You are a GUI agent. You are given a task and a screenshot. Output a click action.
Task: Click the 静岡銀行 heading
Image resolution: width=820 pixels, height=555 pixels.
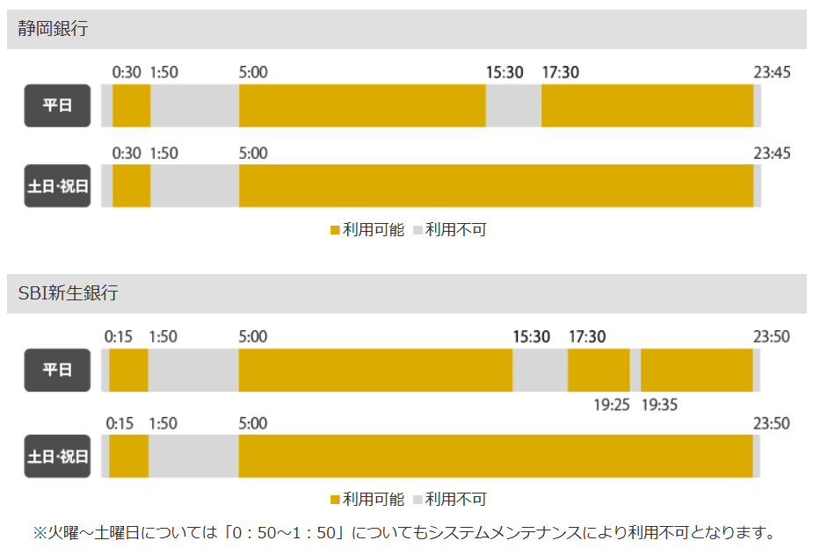pos(53,29)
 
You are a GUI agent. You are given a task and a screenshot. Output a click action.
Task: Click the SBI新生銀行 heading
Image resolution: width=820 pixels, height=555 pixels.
pos(68,293)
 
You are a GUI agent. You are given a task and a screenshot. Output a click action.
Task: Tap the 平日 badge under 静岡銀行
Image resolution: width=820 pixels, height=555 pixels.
pos(57,105)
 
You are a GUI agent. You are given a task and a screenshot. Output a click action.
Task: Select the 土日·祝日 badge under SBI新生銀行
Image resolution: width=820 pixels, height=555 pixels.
pos(57,456)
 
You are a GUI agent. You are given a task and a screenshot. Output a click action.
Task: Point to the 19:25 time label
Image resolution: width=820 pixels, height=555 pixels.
pos(612,405)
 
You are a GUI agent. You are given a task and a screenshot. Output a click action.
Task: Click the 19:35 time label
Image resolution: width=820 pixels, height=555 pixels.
pos(659,405)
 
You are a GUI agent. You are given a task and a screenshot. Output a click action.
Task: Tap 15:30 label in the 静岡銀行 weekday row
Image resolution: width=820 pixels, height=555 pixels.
pos(504,72)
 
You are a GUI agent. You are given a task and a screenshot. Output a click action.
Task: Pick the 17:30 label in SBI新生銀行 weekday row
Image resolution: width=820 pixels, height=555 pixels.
pos(587,336)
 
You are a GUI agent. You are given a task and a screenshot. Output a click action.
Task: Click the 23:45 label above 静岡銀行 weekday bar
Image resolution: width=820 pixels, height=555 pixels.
pos(772,72)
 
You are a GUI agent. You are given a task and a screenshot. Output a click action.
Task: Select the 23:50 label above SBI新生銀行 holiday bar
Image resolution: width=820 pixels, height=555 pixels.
pos(771,423)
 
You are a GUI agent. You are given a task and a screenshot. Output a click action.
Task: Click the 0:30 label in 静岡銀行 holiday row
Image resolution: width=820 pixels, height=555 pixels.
pos(127,153)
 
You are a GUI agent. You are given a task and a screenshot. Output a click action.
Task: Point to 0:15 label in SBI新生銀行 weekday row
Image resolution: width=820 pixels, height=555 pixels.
pos(119,336)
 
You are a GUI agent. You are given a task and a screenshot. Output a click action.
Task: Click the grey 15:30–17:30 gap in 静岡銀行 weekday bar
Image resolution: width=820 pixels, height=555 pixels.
pos(513,105)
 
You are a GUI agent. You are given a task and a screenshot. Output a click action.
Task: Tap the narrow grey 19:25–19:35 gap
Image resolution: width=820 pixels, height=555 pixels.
pos(635,370)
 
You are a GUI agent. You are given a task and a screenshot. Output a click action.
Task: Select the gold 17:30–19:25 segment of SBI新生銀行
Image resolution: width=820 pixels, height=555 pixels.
pos(599,370)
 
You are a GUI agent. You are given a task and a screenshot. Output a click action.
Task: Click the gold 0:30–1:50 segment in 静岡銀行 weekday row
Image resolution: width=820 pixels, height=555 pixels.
pos(131,105)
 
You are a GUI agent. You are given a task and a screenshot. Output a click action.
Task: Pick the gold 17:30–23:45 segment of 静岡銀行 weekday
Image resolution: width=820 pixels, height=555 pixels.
pos(647,105)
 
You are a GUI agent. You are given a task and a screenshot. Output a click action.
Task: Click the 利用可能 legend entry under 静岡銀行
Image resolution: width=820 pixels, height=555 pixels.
pos(367,230)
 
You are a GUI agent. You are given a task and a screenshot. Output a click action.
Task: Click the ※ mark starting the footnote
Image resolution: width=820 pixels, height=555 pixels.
pos(40,532)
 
